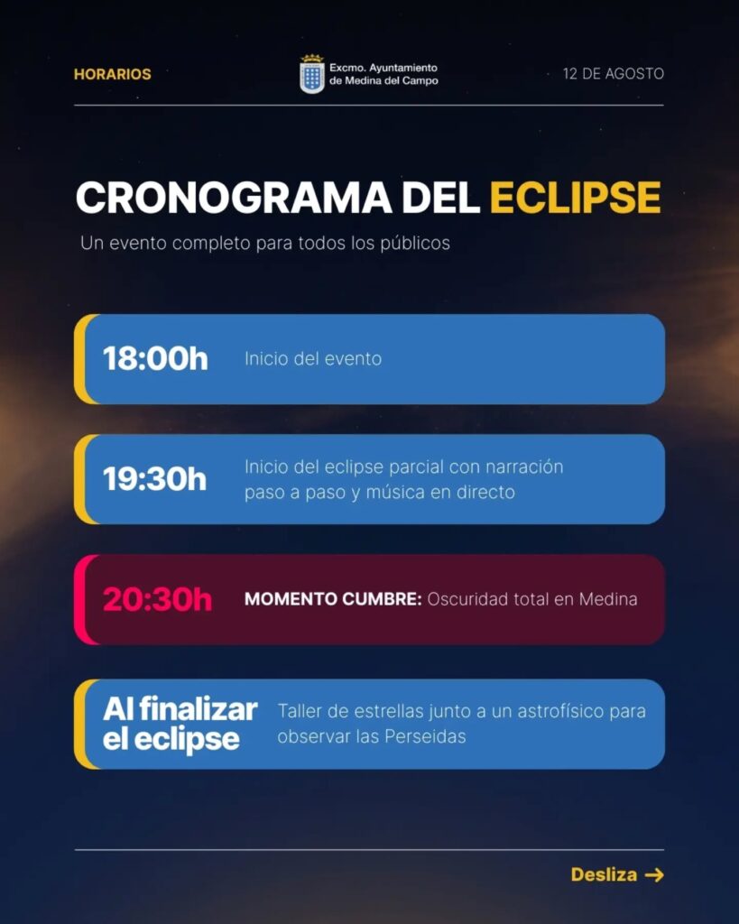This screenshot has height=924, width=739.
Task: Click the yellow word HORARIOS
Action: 113,74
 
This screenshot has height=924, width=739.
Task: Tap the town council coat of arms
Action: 311,74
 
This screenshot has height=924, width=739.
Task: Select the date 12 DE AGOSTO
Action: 614,74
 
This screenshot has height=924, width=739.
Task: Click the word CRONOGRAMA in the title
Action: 234,197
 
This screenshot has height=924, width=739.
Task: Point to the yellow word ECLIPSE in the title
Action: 575,197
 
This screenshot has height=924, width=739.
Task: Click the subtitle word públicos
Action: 415,244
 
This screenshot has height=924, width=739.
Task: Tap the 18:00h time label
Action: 155,358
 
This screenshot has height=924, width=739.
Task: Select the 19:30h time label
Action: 155,478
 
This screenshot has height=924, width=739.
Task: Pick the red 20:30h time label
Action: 157,599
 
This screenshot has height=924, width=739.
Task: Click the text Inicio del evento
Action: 313,359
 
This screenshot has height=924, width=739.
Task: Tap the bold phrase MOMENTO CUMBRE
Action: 333,599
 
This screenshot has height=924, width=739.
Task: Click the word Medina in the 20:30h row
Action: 608,599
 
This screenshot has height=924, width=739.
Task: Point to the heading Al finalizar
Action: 180,709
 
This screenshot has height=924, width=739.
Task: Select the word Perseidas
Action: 426,736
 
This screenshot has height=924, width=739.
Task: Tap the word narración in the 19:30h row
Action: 524,467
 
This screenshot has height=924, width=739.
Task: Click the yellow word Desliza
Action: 604,874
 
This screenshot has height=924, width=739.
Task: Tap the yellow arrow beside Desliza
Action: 654,875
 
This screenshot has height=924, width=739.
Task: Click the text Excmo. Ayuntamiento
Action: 383,68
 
